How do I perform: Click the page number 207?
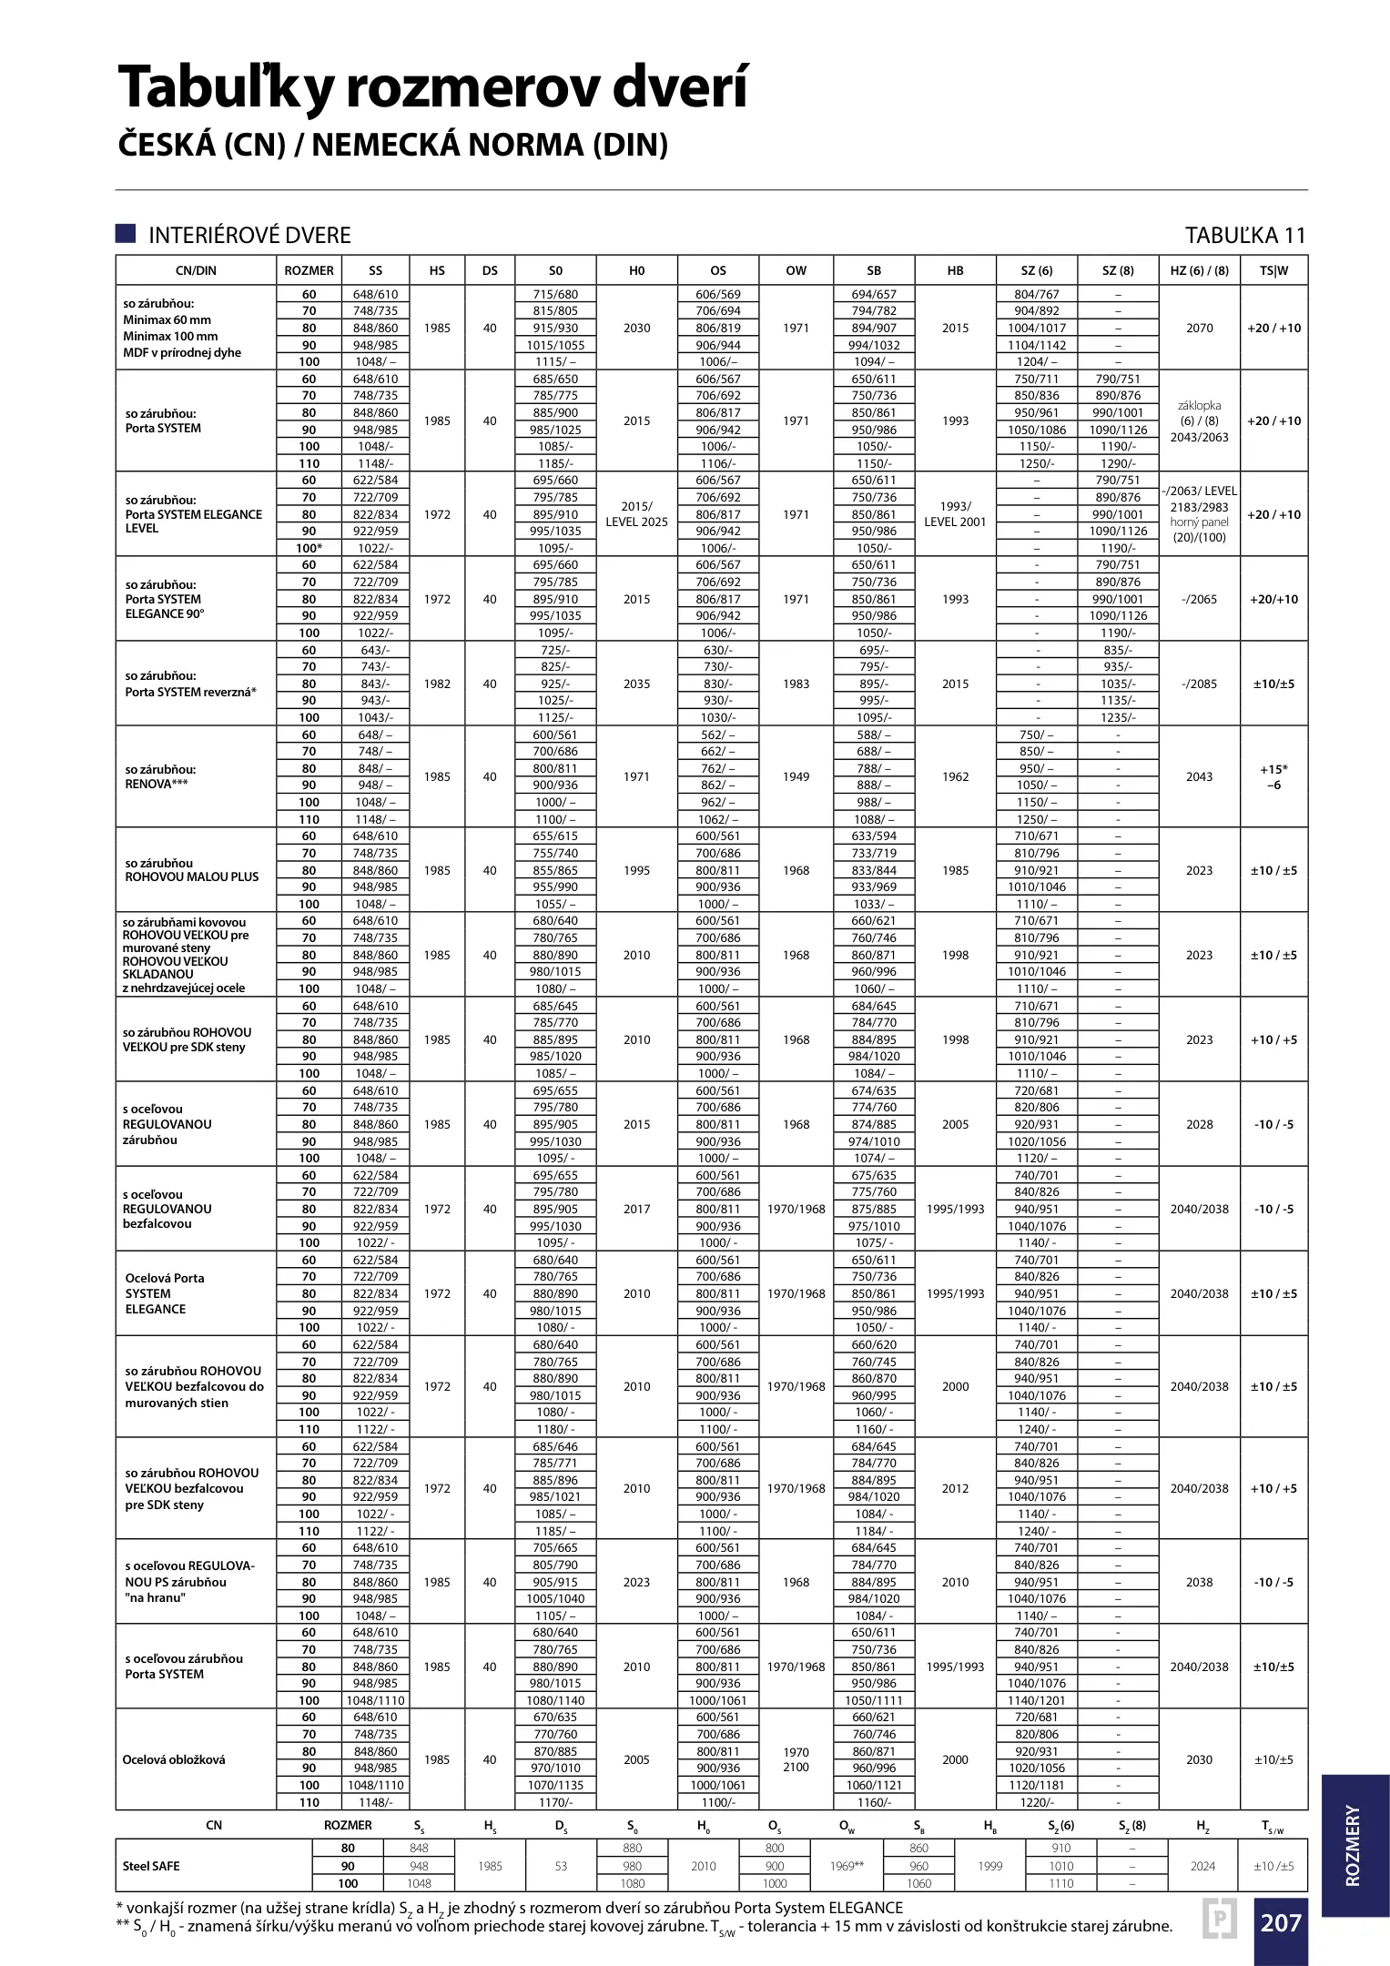click(x=1280, y=1922)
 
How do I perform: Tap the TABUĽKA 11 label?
click(x=1244, y=236)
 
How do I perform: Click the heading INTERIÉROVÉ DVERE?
click(x=249, y=236)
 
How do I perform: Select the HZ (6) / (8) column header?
click(x=1199, y=270)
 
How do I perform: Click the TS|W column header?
click(x=1273, y=270)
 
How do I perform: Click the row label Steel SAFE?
click(x=151, y=1866)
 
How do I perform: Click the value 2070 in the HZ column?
click(x=1199, y=328)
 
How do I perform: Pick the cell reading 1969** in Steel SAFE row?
click(x=847, y=1866)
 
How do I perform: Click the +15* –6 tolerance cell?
click(x=1273, y=776)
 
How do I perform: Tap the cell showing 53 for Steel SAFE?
click(x=561, y=1866)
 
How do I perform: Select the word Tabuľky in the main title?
click(x=224, y=87)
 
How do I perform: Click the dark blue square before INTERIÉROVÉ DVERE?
click(x=126, y=234)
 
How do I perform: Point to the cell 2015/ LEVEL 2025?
click(x=636, y=514)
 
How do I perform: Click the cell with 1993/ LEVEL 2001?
click(x=955, y=514)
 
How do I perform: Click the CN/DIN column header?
click(x=196, y=270)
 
